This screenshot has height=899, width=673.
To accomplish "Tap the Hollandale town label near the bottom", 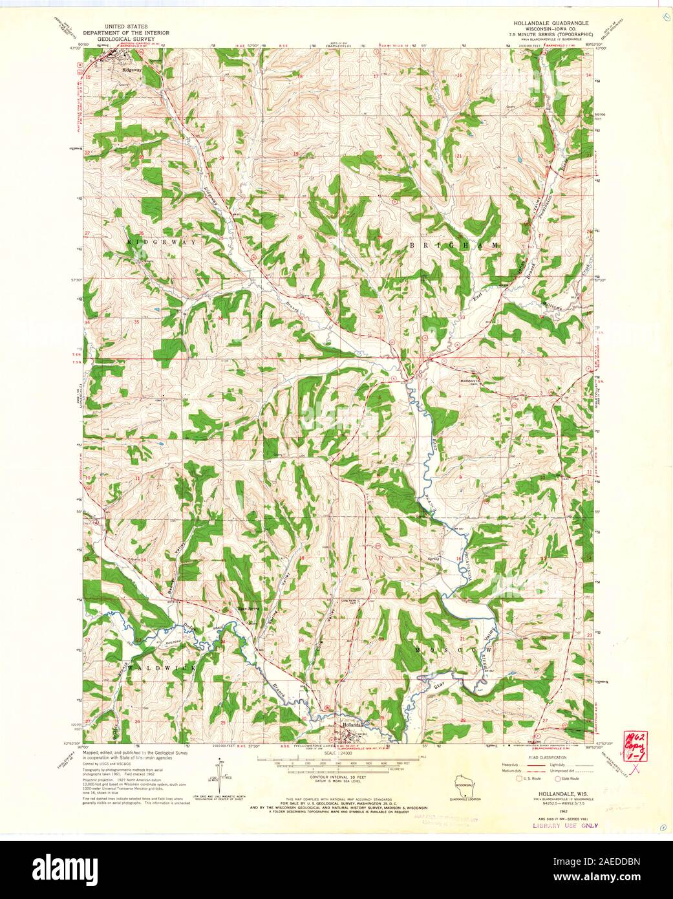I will coord(354,725).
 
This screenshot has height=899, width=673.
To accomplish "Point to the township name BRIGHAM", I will coord(454,246).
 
